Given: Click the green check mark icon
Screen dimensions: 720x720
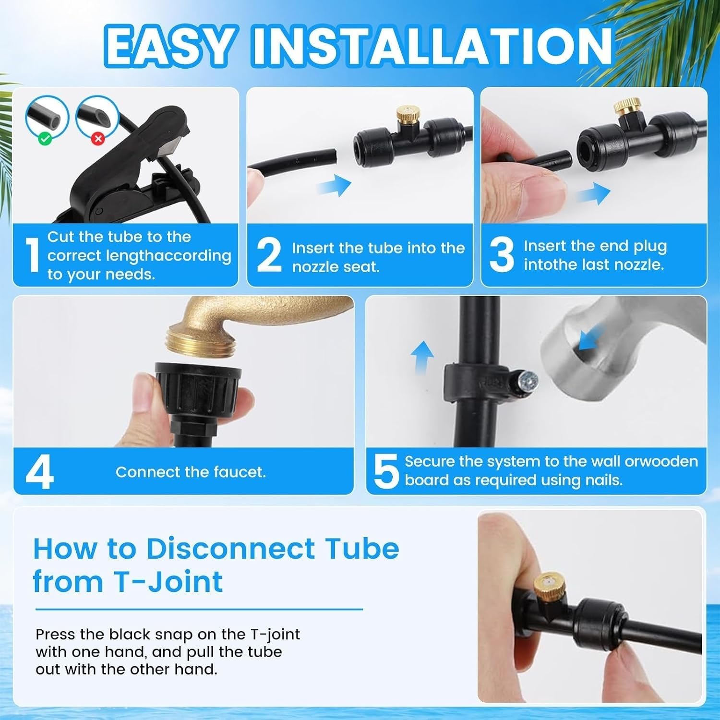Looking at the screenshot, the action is click(x=45, y=139).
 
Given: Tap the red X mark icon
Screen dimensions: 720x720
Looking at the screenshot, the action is click(x=98, y=139).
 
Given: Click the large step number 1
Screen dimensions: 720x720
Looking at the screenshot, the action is click(x=32, y=255).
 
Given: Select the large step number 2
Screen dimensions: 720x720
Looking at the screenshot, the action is click(x=269, y=255).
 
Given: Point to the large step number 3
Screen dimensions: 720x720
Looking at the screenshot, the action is click(x=502, y=255).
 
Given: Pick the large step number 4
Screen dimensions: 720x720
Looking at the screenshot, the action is click(x=39, y=472).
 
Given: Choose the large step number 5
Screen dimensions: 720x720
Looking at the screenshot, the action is click(x=386, y=472).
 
